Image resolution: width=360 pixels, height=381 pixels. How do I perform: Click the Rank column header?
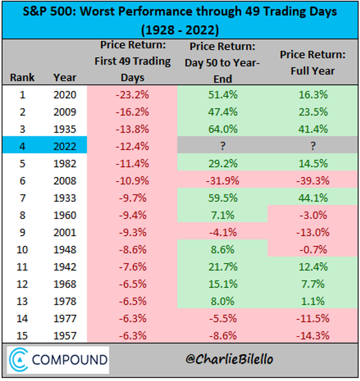(x=22, y=78)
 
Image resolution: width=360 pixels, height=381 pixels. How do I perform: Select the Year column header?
(x=65, y=78)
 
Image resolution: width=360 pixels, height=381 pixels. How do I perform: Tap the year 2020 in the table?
(x=65, y=95)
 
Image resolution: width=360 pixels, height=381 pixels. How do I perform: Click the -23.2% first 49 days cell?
(x=132, y=95)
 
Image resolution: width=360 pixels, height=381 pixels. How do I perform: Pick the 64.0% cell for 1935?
(x=223, y=129)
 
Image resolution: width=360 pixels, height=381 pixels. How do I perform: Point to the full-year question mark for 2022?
(x=313, y=146)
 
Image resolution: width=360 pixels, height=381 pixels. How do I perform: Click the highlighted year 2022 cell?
(x=65, y=146)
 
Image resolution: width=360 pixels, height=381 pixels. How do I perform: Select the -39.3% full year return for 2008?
(x=313, y=181)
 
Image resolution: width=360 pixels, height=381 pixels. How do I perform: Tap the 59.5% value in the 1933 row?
(x=223, y=198)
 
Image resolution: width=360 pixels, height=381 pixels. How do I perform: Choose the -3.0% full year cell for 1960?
(x=313, y=215)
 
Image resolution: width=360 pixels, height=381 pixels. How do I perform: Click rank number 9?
(x=22, y=232)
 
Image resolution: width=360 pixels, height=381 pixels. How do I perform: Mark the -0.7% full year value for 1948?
(x=313, y=249)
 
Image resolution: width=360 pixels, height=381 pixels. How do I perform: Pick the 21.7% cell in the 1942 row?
(x=223, y=267)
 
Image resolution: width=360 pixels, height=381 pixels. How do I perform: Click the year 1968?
(x=65, y=285)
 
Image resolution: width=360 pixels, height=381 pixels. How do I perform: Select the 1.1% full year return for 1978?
(x=313, y=302)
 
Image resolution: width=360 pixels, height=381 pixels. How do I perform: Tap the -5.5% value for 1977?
(x=223, y=318)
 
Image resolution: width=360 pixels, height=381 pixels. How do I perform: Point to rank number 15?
(x=22, y=336)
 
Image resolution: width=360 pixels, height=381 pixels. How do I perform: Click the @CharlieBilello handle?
(x=229, y=359)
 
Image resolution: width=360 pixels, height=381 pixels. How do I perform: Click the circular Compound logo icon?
(x=19, y=360)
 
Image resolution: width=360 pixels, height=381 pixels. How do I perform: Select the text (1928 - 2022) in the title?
(x=180, y=30)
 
